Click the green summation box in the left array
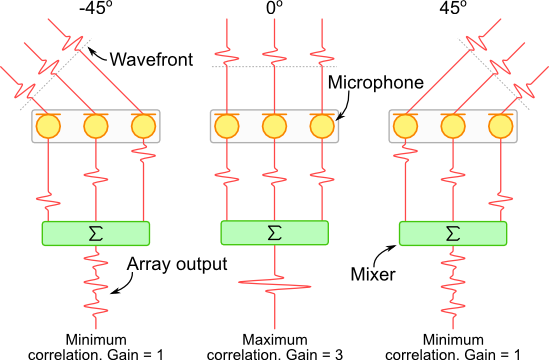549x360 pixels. [x=95, y=233]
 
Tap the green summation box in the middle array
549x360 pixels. [x=274, y=233]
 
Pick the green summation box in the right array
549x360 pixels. [x=453, y=233]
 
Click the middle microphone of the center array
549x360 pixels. [x=274, y=126]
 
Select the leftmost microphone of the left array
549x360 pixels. [x=47, y=126]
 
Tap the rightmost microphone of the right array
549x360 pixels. [x=501, y=126]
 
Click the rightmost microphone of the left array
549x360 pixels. [x=143, y=126]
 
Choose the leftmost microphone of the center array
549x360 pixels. [x=226, y=126]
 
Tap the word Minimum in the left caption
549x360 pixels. [x=95, y=339]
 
